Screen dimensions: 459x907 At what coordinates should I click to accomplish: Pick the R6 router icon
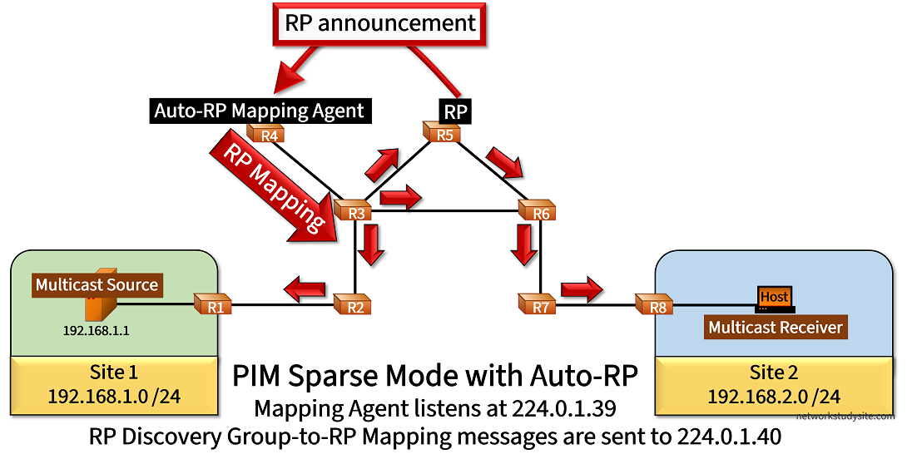point(539,212)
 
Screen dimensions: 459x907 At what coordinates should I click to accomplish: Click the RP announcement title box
point(381,23)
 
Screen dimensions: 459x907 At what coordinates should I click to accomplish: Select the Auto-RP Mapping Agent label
point(259,110)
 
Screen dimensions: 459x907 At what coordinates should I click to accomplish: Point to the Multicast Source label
point(97,284)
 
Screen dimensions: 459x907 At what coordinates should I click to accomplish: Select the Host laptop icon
point(775,298)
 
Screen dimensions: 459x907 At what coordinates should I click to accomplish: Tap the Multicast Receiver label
point(776,327)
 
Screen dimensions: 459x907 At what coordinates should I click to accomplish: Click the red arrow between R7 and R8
point(581,290)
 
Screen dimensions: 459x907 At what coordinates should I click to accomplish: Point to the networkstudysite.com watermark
point(845,416)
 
